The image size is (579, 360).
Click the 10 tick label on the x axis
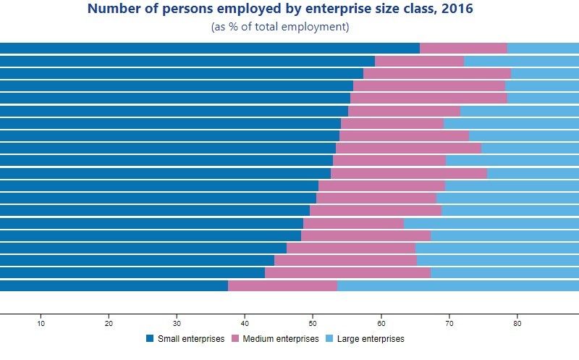click(x=41, y=324)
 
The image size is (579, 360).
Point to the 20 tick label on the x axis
click(x=109, y=324)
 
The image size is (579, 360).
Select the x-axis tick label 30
click(x=177, y=324)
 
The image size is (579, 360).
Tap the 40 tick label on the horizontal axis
click(x=245, y=324)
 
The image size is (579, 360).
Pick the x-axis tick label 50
click(x=313, y=324)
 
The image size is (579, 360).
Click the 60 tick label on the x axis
click(x=381, y=324)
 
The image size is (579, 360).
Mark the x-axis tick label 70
click(x=449, y=324)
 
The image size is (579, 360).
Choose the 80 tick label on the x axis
click(x=517, y=324)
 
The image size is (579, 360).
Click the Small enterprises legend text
click(x=190, y=339)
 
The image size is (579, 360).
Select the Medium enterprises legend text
click(x=280, y=339)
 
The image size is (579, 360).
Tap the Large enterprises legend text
click(x=369, y=339)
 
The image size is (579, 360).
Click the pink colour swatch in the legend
click(x=235, y=339)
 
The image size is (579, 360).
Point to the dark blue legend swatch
click(x=150, y=339)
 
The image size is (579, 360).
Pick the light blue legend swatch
click(x=329, y=339)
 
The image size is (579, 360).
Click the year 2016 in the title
click(x=460, y=9)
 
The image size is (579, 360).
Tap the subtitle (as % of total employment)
click(x=280, y=27)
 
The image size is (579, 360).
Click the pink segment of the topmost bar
click(x=463, y=49)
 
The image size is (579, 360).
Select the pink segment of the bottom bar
click(x=282, y=286)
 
